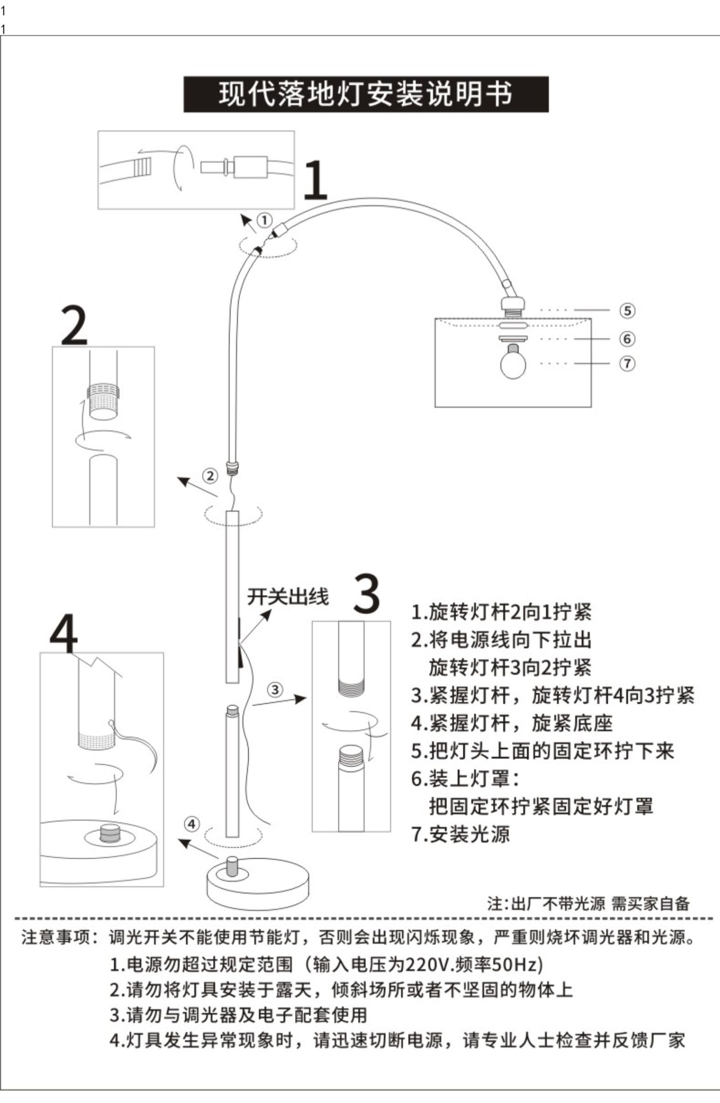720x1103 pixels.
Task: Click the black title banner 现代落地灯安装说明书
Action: click(366, 94)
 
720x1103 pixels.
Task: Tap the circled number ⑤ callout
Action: click(627, 310)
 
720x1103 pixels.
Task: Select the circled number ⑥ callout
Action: click(627, 338)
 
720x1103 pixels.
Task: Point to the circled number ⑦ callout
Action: click(627, 363)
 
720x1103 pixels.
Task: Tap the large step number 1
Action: click(315, 180)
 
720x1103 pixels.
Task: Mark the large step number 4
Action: click(63, 633)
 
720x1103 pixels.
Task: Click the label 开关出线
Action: click(288, 597)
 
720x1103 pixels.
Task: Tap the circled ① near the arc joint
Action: click(264, 220)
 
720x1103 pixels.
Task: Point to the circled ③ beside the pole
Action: click(275, 690)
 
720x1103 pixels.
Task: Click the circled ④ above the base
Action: click(192, 824)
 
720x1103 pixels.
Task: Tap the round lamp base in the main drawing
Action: click(258, 884)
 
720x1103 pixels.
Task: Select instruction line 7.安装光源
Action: click(460, 834)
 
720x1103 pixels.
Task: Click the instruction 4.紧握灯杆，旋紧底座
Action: click(512, 723)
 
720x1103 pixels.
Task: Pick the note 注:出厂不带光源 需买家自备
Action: click(588, 903)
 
